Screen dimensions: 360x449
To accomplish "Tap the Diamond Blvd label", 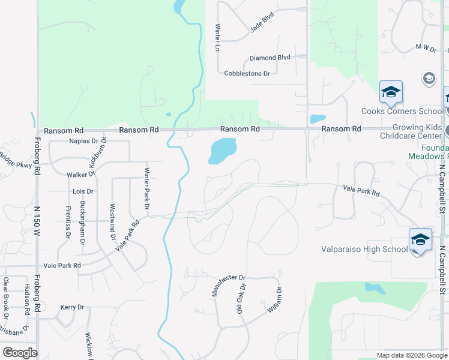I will (x=270, y=58).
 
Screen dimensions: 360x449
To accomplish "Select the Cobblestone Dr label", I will (x=247, y=73).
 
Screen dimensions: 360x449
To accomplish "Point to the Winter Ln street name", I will (x=218, y=37).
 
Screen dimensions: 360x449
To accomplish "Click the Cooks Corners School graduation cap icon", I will (x=391, y=92).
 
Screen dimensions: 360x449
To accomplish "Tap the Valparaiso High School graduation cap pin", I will (x=420, y=240).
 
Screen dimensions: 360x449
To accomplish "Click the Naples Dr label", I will (x=83, y=141).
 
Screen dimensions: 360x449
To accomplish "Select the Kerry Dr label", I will (x=72, y=307).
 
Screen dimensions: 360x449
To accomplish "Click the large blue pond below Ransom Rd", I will (x=222, y=150).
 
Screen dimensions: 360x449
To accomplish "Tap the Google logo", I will (x=20, y=353).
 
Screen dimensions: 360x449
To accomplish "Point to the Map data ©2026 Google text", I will (x=411, y=355).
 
